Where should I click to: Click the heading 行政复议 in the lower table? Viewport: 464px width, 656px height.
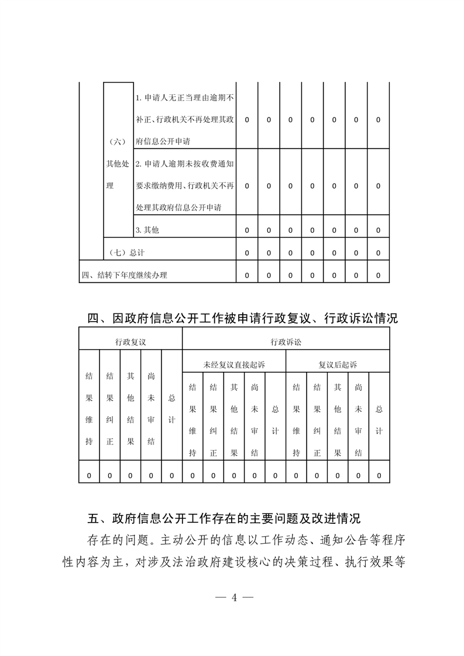[x=130, y=340]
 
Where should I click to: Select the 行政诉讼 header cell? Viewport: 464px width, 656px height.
[x=286, y=340]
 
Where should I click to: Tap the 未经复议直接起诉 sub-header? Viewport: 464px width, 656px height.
[x=234, y=364]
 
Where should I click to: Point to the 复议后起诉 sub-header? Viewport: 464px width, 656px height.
[x=338, y=364]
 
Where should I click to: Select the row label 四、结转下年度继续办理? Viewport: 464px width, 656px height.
[x=124, y=275]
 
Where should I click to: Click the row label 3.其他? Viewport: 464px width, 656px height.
[x=147, y=230]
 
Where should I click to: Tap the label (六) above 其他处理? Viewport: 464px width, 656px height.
[x=118, y=141]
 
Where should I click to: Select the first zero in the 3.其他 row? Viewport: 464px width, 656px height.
[x=247, y=230]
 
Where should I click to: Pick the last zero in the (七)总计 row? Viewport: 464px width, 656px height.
[x=378, y=253]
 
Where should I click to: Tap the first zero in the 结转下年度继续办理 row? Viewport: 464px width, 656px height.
[x=247, y=275]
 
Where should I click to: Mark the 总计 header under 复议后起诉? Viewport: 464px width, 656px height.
[x=379, y=420]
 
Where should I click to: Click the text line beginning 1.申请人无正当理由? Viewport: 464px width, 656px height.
[x=185, y=97]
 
